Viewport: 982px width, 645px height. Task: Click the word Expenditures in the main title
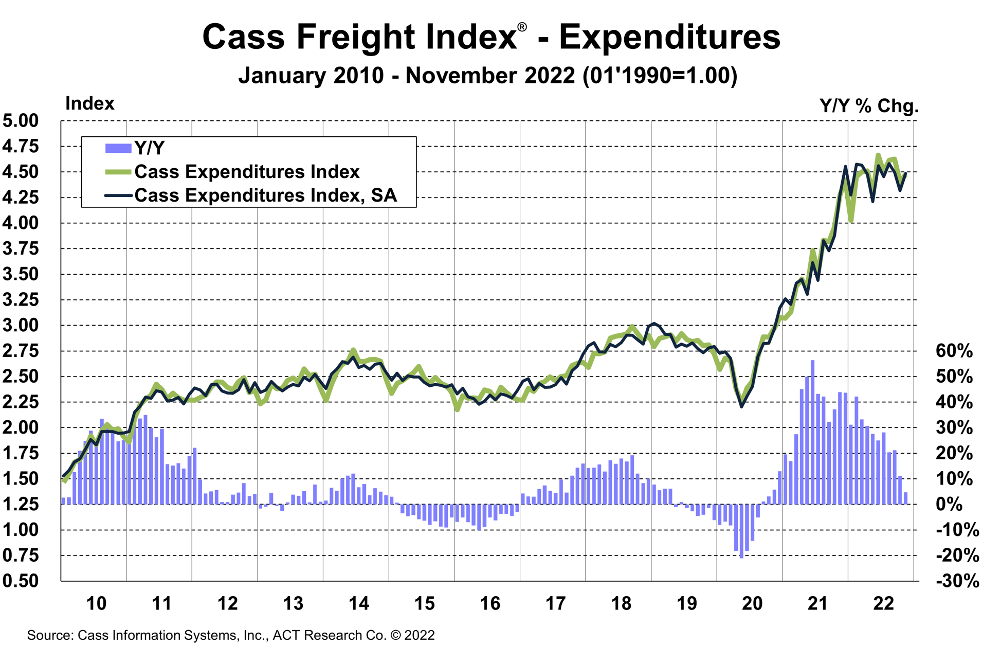pos(669,37)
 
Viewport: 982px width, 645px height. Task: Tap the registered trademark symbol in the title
pos(522,27)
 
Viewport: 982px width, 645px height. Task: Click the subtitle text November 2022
pos(490,76)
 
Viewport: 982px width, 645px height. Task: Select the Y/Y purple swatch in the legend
pos(118,148)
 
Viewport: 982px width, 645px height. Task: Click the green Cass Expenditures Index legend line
pos(118,172)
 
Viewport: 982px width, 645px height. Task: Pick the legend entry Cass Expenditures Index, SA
pos(265,195)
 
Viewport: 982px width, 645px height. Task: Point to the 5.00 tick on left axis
pos(21,121)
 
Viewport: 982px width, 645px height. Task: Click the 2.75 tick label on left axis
pos(21,351)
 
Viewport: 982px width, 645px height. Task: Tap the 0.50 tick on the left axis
pos(21,581)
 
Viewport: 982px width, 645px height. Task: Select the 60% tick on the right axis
pos(954,351)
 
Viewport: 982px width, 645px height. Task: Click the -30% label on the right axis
pos(957,581)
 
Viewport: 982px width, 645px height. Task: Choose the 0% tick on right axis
pos(949,504)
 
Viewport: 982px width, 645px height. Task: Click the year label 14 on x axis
pos(358,603)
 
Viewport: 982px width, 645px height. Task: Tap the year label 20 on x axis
pos(752,603)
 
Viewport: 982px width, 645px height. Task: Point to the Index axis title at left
pos(89,104)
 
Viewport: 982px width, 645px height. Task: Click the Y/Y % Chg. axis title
pos(869,106)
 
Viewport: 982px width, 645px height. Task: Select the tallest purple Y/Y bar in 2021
pos(812,432)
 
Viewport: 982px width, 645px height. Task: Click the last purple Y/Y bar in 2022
pos(906,498)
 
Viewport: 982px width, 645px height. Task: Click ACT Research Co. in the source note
pos(329,635)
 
